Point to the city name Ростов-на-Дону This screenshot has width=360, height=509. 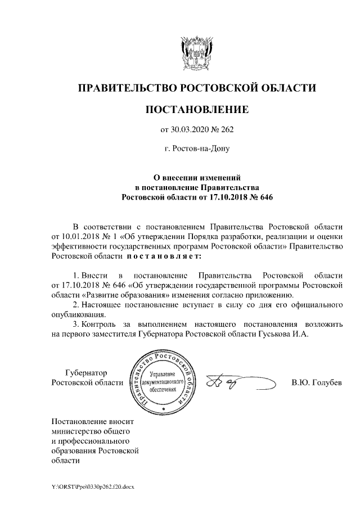pos(196,150)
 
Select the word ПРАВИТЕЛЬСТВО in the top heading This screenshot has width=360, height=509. pos(127,88)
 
